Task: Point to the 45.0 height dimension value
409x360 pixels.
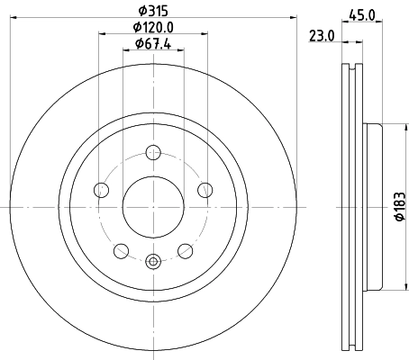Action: [362, 13]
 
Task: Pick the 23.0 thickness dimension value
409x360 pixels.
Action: [323, 36]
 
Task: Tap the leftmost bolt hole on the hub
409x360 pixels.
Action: [102, 189]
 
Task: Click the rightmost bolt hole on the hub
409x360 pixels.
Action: [205, 189]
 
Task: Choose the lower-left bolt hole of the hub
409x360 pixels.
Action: [122, 250]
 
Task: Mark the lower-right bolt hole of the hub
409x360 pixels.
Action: [186, 250]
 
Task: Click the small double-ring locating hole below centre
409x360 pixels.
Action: [153, 262]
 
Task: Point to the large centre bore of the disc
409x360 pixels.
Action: [153, 206]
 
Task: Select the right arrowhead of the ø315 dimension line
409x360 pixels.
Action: [293, 18]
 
